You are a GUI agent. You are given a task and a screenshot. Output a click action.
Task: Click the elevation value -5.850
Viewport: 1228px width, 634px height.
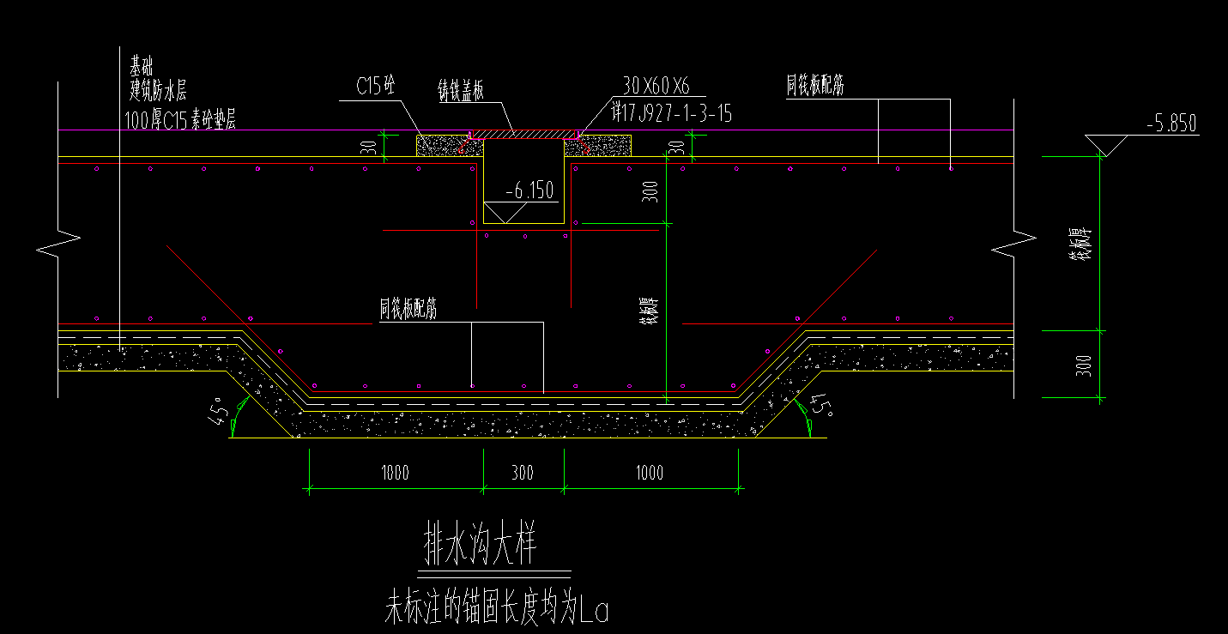click(x=1171, y=124)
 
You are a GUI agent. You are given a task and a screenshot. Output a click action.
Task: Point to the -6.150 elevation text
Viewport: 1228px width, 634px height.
click(x=529, y=190)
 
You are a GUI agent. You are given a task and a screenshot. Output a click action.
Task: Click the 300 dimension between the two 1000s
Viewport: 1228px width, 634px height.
click(x=523, y=473)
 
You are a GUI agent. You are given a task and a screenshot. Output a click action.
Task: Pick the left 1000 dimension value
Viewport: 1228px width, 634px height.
click(x=395, y=473)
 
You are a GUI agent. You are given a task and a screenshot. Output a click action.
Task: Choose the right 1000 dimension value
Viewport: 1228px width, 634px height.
click(x=650, y=473)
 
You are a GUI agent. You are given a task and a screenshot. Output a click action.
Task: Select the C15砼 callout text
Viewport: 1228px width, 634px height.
click(x=375, y=86)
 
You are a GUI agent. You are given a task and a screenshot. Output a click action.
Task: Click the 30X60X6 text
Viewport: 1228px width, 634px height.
click(x=656, y=85)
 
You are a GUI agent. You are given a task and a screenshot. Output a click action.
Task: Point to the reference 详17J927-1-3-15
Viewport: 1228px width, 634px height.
click(x=670, y=112)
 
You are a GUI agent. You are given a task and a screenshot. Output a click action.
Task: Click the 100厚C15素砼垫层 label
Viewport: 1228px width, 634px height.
click(x=180, y=121)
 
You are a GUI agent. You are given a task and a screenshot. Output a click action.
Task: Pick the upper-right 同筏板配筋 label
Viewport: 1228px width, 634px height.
click(x=815, y=85)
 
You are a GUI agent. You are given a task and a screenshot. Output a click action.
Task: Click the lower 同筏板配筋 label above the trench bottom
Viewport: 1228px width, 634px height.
click(x=408, y=310)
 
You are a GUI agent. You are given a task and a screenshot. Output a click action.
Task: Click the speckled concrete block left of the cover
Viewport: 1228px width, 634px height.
click(x=443, y=146)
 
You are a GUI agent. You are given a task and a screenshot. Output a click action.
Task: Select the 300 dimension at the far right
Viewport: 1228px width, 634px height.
click(x=1084, y=365)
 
